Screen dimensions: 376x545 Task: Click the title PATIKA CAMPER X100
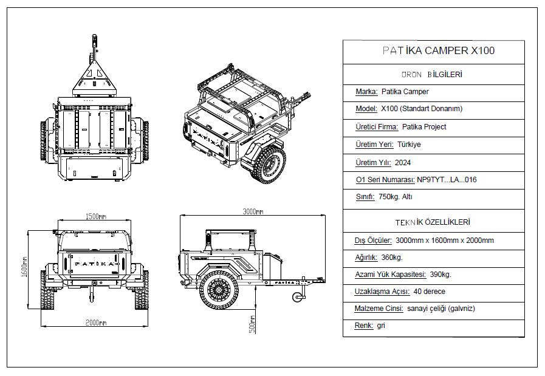pyautogui.click(x=433, y=51)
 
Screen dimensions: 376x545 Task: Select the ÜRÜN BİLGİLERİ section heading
pyautogui.click(x=433, y=75)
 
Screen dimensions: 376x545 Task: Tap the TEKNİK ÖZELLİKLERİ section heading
pyautogui.click(x=433, y=222)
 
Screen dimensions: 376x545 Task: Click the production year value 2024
pyautogui.click(x=403, y=163)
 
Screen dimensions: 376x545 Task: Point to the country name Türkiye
pyautogui.click(x=409, y=145)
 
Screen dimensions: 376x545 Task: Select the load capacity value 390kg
pyautogui.click(x=440, y=275)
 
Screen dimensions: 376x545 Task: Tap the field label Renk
pyautogui.click(x=363, y=326)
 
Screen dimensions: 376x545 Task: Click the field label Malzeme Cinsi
pyautogui.click(x=379, y=309)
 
